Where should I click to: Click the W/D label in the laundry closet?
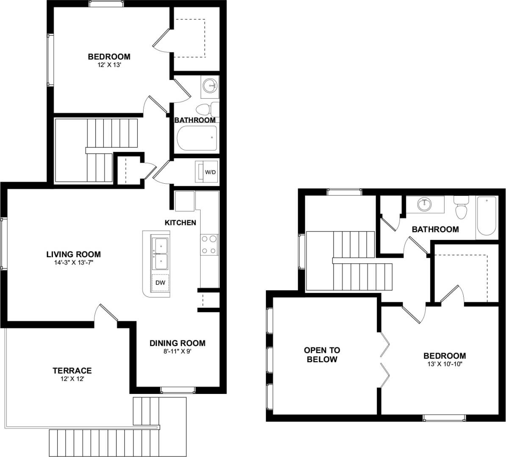[210, 172]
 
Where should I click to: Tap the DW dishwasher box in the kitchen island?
[160, 283]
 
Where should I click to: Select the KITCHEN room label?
[180, 223]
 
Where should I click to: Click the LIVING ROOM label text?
[74, 254]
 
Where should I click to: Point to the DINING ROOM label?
[177, 343]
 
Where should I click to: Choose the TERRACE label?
[72, 371]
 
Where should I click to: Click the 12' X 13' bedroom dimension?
[109, 65]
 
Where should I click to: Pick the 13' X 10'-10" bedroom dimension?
[445, 364]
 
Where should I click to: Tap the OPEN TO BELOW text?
[322, 355]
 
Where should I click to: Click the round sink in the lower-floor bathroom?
[210, 86]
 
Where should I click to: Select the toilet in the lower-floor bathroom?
[206, 110]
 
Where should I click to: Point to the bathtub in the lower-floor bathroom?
[197, 138]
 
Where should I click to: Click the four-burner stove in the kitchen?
[209, 245]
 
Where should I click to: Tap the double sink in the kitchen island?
[161, 253]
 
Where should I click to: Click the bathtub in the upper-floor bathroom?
[487, 216]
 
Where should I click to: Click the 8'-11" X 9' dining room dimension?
[177, 351]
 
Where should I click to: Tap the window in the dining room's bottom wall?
[177, 390]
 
